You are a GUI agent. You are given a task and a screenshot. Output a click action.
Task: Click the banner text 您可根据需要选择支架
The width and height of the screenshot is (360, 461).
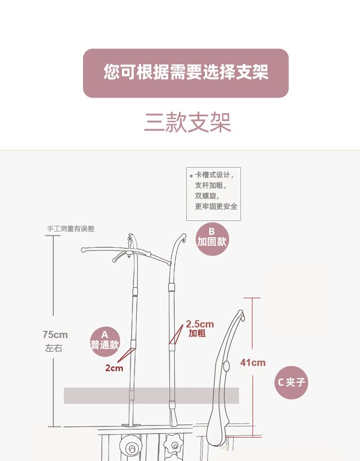[x=186, y=73]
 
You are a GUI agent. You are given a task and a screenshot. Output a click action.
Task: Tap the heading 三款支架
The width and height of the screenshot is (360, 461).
[x=188, y=123]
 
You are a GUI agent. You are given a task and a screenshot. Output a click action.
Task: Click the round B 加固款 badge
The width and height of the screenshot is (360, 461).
[x=212, y=237]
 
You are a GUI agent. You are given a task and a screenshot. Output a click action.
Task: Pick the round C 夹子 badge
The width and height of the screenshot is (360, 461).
[x=291, y=382]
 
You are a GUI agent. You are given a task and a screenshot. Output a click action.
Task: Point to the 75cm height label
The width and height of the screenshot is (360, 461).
[x=55, y=335]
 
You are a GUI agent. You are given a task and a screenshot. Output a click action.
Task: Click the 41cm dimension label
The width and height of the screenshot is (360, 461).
[x=252, y=363]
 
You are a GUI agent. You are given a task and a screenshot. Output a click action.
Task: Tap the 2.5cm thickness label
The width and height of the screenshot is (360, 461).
[x=200, y=324]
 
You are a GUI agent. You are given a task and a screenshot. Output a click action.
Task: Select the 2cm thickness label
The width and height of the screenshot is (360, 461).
[x=114, y=368]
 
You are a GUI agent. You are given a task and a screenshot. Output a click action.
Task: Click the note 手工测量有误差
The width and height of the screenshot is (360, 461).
[x=71, y=229]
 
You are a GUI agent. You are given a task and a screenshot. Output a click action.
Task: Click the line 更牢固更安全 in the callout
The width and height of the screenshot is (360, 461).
[x=216, y=206]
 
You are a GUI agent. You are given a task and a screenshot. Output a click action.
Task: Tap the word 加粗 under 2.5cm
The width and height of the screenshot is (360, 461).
[x=197, y=333]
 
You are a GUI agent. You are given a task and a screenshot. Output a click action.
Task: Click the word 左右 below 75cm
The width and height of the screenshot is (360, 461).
[x=54, y=348]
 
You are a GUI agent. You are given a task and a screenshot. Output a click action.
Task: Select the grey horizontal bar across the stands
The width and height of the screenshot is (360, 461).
[x=151, y=395]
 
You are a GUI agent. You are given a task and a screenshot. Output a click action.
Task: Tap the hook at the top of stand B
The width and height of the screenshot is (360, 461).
[x=183, y=237]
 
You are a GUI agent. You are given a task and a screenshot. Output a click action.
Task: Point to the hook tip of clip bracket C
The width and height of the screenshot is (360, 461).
[x=242, y=315]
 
